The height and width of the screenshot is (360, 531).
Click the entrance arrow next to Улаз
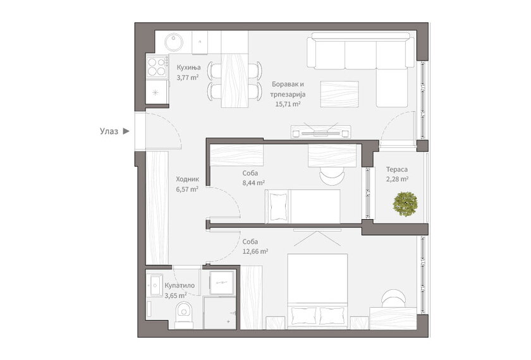coord(126,131)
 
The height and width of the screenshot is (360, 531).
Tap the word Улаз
coord(109,131)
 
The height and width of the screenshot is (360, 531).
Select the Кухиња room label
coord(188,68)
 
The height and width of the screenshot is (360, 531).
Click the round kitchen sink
coord(174,42)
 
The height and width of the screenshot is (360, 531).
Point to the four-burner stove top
coord(157,67)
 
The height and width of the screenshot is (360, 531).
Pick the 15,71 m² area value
coord(288,104)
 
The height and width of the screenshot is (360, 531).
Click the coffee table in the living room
coord(339,93)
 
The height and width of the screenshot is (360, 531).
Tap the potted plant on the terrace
coord(405,204)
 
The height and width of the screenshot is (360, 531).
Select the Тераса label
coord(397,169)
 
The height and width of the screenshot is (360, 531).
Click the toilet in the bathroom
coord(185,314)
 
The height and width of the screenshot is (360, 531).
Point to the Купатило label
coord(180,285)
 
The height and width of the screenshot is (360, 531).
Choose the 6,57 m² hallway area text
coord(187,189)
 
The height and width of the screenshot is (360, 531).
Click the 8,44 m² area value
coord(253,183)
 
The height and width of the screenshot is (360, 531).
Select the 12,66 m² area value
coord(255,251)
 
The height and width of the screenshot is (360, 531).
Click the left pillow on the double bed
coord(303,316)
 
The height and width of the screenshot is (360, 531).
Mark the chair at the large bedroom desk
coord(393,298)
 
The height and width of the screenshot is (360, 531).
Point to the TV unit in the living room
coord(320,132)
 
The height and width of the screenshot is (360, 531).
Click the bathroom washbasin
coord(156,285)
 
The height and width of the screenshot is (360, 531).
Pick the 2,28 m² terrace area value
coord(397,179)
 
